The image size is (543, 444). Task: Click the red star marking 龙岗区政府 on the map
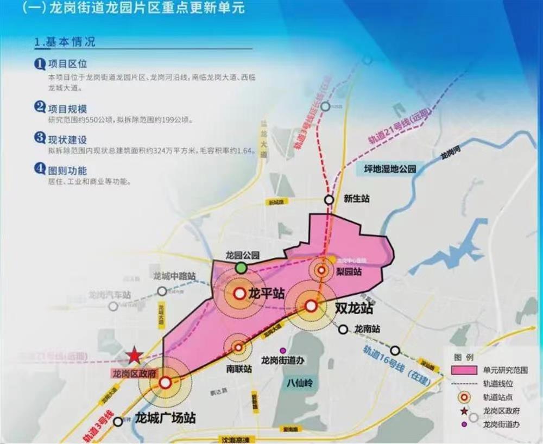click(x=135, y=356)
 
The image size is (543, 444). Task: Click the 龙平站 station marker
click(x=239, y=294)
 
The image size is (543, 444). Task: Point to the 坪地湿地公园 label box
click(x=390, y=169)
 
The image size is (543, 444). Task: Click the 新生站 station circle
click(x=329, y=200)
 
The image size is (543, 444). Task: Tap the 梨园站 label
click(x=349, y=272)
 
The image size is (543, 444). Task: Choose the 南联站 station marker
click(x=238, y=347)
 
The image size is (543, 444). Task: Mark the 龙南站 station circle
click(x=343, y=329)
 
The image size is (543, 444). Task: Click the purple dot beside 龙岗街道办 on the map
click(x=282, y=350)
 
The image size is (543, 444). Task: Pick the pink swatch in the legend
click(x=463, y=370)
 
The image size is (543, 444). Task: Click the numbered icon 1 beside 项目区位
click(x=40, y=65)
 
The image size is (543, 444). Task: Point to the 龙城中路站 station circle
click(x=162, y=291)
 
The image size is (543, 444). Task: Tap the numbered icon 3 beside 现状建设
click(x=40, y=138)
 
